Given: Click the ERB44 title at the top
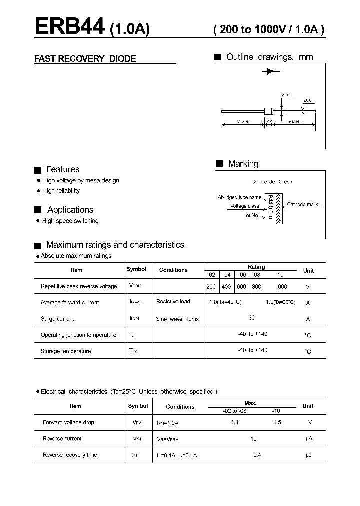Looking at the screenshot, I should click(x=69, y=26).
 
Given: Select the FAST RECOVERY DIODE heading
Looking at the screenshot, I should click(x=85, y=59).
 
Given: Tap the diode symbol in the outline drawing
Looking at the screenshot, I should click(x=270, y=72).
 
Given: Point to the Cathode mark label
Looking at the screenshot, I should click(x=302, y=205).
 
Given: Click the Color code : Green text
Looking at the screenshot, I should click(x=271, y=182).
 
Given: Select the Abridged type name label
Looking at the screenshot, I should click(x=239, y=197).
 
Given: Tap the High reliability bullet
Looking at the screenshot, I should click(x=61, y=191).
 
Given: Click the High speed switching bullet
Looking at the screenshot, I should click(x=70, y=221).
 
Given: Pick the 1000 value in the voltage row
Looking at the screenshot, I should click(x=281, y=287).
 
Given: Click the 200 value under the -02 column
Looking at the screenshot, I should click(x=211, y=287).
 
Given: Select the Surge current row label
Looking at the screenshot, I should click(x=57, y=319).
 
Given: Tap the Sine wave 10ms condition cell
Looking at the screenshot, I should click(x=177, y=319).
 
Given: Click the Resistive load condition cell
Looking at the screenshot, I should click(x=173, y=302).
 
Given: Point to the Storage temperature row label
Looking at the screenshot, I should click(x=66, y=351).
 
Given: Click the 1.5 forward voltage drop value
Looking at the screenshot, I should click(x=277, y=422).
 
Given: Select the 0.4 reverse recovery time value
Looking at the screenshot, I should click(x=257, y=455).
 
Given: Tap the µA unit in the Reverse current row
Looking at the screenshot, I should click(x=308, y=439).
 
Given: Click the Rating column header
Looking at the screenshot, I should click(x=256, y=267).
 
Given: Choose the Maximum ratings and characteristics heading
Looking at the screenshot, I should click(x=115, y=245).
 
